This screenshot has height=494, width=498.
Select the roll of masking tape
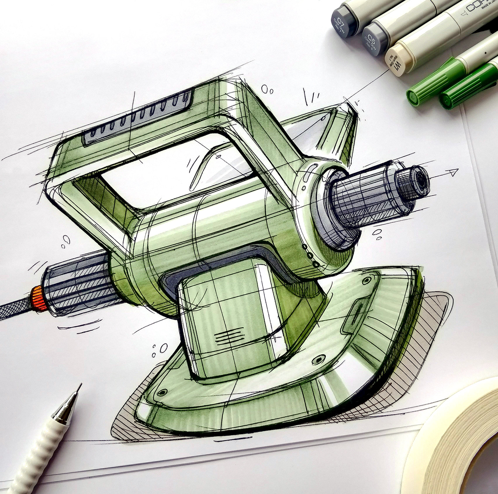(x=459, y=445)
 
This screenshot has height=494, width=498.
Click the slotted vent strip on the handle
(x=139, y=118)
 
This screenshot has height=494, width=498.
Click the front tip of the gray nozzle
(x=420, y=182)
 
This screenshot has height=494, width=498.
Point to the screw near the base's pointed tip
(x=365, y=281)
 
